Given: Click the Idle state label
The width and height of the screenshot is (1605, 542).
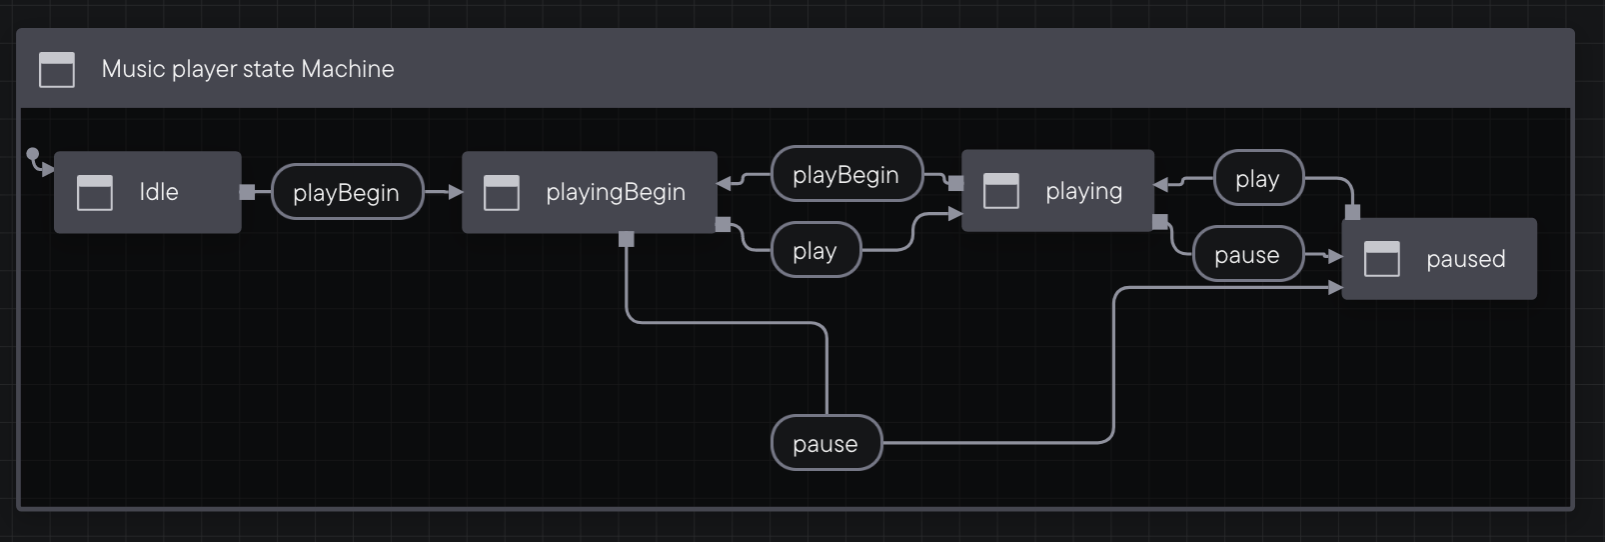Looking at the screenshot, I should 159,192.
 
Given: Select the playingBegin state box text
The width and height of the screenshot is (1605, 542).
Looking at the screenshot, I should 615,192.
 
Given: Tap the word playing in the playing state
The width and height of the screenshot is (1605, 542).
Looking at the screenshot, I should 1083,191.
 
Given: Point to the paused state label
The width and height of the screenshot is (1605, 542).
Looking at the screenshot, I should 1465,259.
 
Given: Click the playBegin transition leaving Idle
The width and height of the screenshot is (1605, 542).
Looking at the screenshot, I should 346,192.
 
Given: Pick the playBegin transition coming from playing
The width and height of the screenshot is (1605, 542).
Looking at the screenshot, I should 845,175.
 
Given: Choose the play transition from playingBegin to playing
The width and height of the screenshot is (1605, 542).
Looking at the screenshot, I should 814,251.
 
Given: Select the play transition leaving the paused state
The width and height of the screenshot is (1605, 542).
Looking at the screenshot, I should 1257,179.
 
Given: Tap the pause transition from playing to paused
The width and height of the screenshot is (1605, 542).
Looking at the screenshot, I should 1246,255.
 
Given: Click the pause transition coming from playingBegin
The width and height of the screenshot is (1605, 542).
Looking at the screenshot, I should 825,444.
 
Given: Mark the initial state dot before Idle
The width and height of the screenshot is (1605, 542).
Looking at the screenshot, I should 33,154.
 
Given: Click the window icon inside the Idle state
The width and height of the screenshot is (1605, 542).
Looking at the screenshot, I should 95,192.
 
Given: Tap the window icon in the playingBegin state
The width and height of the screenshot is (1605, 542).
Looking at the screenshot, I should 502,192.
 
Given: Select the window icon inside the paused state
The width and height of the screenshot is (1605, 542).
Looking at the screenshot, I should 1382,259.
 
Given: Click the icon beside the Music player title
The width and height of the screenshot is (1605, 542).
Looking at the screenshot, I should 57,69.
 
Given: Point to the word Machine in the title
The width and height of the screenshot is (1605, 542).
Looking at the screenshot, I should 348,69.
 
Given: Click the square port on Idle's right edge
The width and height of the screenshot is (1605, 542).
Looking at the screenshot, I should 247,192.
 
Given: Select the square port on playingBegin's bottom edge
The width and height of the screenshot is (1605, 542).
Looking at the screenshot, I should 627,239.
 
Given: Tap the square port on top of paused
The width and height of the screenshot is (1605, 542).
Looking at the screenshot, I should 1352,212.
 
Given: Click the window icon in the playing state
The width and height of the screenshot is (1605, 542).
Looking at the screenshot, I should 1001,191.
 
